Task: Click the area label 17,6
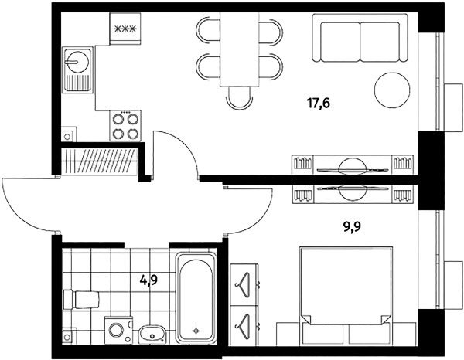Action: click(x=319, y=104)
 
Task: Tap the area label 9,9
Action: click(x=352, y=227)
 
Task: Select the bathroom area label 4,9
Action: click(x=148, y=280)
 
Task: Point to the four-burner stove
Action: click(x=125, y=126)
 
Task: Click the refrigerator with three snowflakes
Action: click(x=125, y=29)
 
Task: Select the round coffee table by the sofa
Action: click(x=392, y=90)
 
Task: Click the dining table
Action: click(x=240, y=49)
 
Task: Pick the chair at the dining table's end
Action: click(x=239, y=98)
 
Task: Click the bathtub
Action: click(x=196, y=297)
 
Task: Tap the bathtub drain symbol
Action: click(x=196, y=331)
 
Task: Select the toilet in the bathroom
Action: click(x=81, y=300)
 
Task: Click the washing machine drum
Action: click(x=116, y=330)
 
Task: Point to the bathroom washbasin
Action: click(x=152, y=335)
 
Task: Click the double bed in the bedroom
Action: click(x=346, y=296)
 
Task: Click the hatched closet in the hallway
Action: click(x=100, y=161)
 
